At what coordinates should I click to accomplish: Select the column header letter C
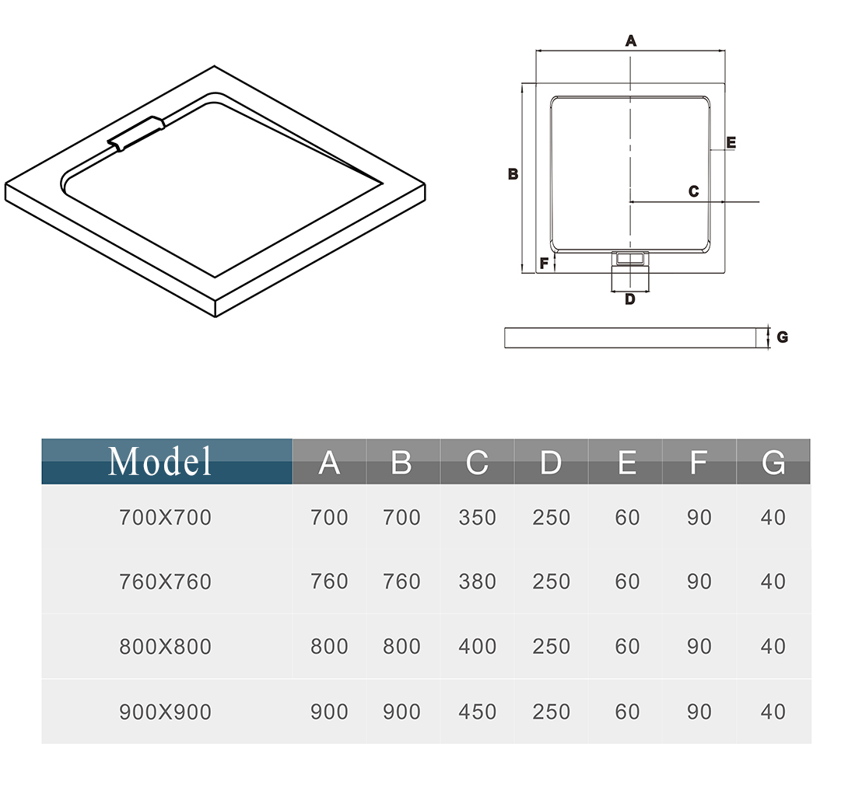click(476, 463)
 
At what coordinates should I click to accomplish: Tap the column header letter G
click(773, 463)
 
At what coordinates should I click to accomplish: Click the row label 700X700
click(165, 518)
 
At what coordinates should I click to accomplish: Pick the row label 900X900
click(165, 712)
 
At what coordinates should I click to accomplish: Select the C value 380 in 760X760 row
click(477, 582)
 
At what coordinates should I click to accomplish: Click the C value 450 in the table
click(477, 712)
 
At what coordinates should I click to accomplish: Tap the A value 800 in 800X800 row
click(329, 647)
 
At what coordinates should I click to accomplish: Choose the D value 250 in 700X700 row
click(551, 518)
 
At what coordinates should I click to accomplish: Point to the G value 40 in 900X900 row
click(773, 712)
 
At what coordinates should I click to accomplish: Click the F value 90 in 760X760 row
click(699, 582)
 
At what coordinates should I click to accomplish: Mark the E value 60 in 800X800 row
click(627, 647)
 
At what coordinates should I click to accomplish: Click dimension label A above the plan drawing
click(631, 41)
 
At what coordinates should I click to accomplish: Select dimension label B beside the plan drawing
click(513, 175)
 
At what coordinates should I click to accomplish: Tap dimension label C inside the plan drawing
click(693, 191)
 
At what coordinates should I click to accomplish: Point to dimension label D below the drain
click(629, 299)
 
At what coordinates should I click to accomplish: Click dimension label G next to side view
click(782, 337)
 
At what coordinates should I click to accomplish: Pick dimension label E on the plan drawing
click(731, 143)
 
